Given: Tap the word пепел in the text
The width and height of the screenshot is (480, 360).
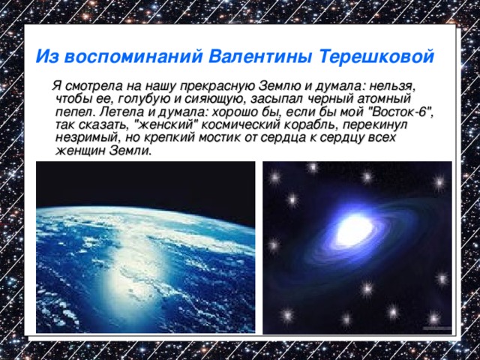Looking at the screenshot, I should click(x=73, y=112).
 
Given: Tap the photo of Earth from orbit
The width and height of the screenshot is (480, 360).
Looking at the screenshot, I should click(x=145, y=247).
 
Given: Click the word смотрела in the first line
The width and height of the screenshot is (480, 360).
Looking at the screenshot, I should click(x=91, y=85).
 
